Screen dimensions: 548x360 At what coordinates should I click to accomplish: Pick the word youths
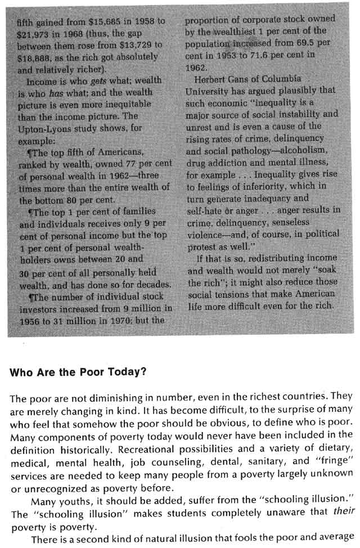pyautogui.click(x=67, y=484)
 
